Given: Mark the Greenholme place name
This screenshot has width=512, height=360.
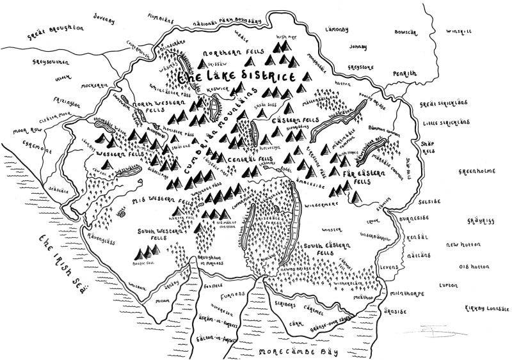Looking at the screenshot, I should point(477,171).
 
